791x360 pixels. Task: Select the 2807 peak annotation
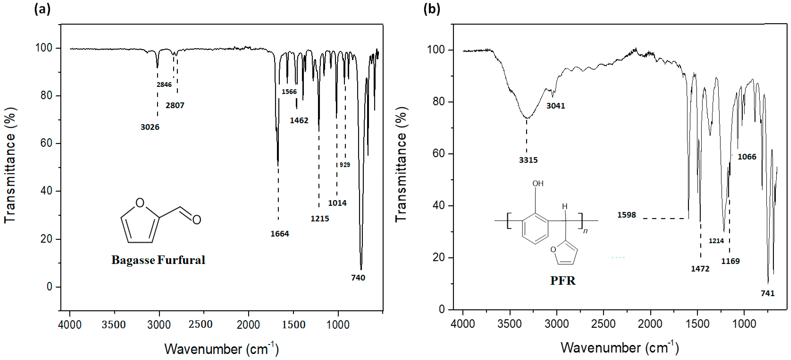(x=175, y=105)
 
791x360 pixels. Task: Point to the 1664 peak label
(x=279, y=234)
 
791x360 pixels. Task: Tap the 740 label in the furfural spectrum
(x=358, y=278)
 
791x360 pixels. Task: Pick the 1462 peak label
(x=299, y=120)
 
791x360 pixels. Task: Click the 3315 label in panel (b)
(x=528, y=160)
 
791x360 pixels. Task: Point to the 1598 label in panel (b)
(x=626, y=215)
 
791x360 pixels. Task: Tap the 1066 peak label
(x=747, y=157)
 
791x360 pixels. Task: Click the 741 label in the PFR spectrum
(x=767, y=293)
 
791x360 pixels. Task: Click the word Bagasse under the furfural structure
(x=133, y=260)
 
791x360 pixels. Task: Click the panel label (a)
(x=42, y=9)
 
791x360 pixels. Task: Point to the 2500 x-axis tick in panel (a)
(x=201, y=324)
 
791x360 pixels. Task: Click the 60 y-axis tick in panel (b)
(x=438, y=154)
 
